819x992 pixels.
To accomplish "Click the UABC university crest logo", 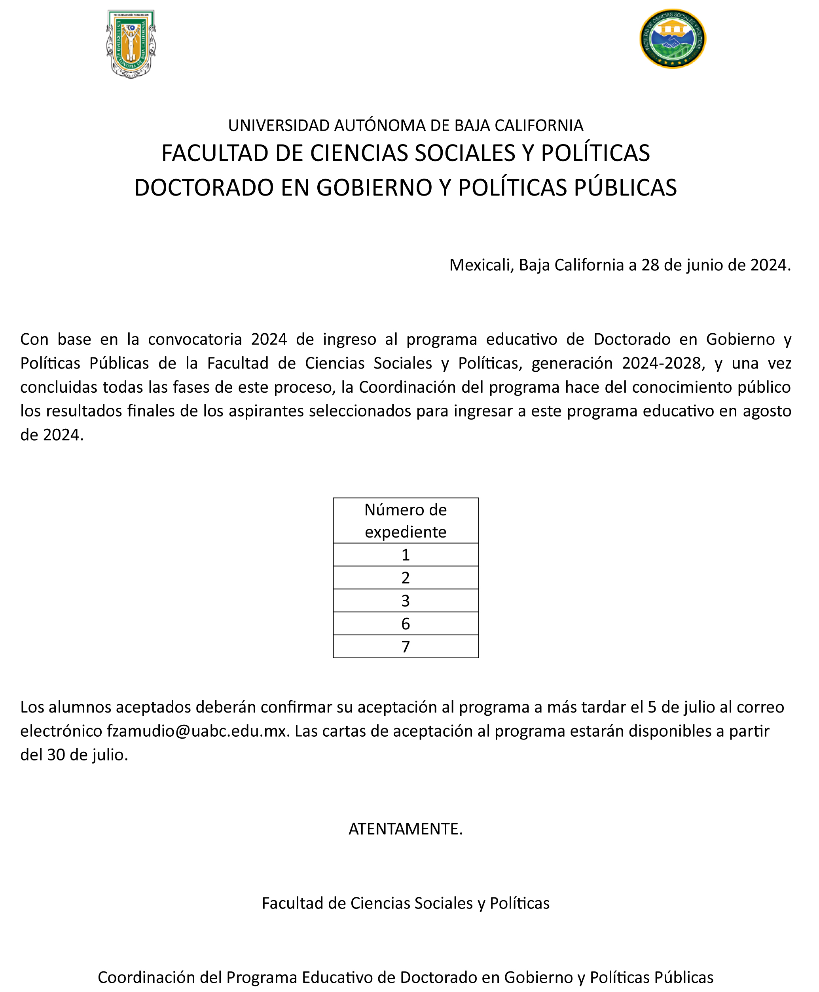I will tap(131, 44).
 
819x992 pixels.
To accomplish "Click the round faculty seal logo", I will tap(672, 39).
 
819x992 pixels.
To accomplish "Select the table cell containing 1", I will tap(405, 555).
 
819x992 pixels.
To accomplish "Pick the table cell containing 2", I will tap(405, 578).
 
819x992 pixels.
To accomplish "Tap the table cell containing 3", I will tap(405, 601).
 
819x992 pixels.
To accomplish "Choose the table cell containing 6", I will tap(405, 624).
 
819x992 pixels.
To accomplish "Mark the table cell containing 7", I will tap(405, 646).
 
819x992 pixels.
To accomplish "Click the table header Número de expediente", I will tap(405, 521).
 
